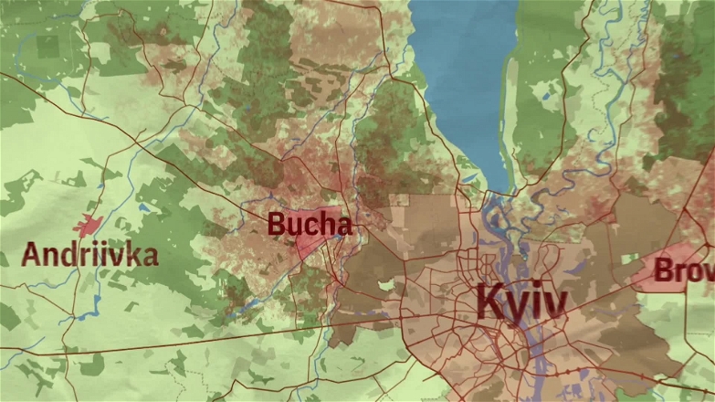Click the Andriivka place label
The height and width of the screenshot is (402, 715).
(89, 255)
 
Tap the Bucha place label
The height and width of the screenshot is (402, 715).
(310, 224)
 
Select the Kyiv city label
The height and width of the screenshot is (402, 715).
(521, 301)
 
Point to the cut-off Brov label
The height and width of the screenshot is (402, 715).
(684, 270)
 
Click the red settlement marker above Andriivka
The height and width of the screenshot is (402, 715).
(88, 225)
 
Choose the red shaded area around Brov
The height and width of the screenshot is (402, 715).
(671, 270)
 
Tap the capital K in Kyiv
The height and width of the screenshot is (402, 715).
(490, 301)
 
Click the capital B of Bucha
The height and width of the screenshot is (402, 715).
(277, 224)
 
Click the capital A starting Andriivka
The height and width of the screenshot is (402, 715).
(31, 255)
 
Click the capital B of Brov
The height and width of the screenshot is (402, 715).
(664, 270)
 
